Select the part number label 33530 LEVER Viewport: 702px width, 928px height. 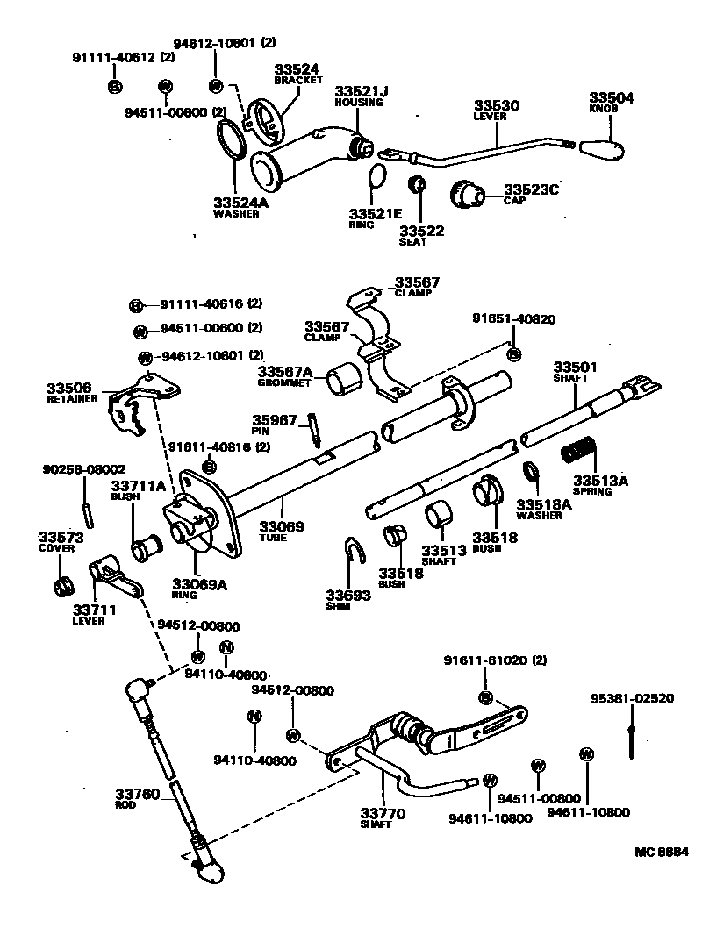[497, 111]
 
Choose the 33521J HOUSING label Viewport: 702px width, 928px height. [358, 96]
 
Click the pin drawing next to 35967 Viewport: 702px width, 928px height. [313, 432]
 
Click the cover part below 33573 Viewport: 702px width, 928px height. [63, 586]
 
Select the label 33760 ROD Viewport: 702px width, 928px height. [138, 798]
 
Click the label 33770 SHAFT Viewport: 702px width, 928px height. [383, 818]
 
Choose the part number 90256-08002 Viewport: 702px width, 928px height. [83, 469]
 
